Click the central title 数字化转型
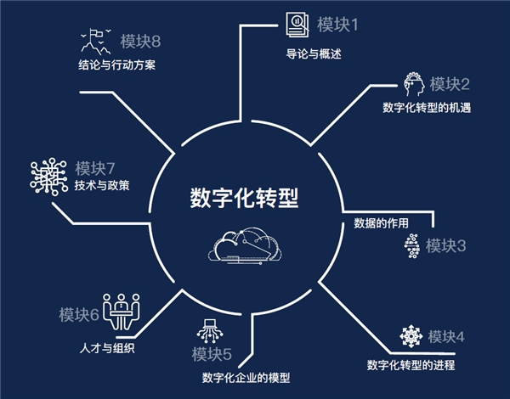[244, 197]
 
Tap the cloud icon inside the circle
[245, 246]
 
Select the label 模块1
[337, 25]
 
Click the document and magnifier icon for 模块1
[297, 25]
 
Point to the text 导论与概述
[314, 53]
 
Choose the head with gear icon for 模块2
[414, 84]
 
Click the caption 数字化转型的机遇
[427, 108]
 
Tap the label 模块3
[446, 245]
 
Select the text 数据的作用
[381, 223]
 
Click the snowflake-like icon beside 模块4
[411, 336]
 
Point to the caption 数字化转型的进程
[411, 365]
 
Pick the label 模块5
[212, 354]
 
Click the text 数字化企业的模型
[246, 378]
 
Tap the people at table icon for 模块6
[122, 312]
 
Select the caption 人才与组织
[107, 348]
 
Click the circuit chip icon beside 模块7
[48, 177]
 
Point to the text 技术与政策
[102, 186]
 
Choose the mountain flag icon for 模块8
[96, 42]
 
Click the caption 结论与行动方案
[116, 65]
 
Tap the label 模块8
[140, 42]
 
